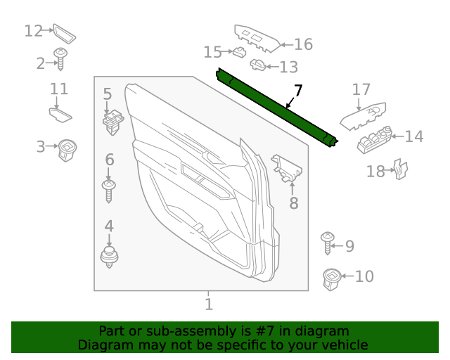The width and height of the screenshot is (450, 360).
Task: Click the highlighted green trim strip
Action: coord(277,108)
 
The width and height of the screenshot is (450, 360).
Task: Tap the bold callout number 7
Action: coord(298,91)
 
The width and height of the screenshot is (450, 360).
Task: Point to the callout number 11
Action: coord(59,89)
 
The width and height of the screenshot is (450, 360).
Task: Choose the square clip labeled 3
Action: coord(68,149)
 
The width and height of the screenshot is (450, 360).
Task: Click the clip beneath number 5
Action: coord(110,122)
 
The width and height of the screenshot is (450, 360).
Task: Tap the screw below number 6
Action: coord(109,191)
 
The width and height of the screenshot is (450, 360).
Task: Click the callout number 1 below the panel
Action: coord(208,304)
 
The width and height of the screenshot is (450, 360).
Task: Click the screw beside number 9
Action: coord(327,243)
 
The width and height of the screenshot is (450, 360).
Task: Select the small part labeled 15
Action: coord(239,52)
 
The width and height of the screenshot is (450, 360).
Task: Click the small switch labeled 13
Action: coord(257,66)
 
